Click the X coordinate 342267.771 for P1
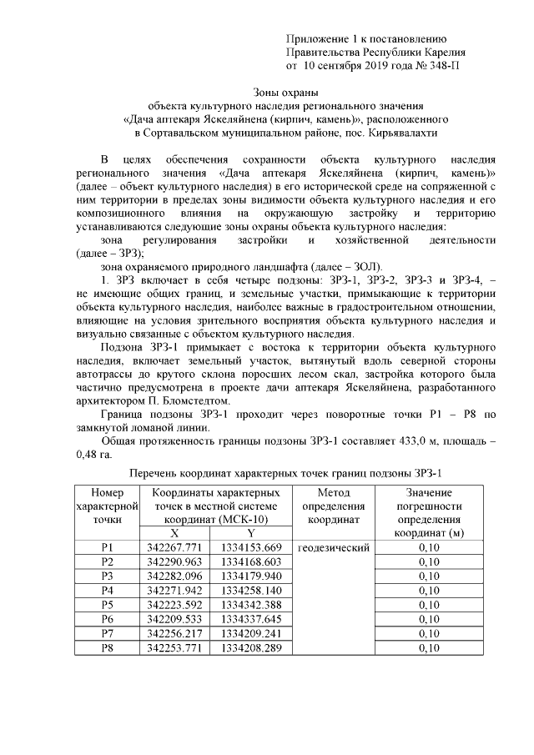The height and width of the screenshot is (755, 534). (x=174, y=547)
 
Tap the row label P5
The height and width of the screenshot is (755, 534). (x=106, y=604)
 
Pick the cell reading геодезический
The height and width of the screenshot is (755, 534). (x=333, y=547)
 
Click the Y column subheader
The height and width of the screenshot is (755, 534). (x=251, y=533)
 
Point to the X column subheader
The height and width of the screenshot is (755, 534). (x=174, y=533)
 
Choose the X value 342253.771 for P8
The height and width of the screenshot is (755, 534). (x=174, y=647)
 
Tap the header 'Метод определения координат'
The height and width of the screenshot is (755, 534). (x=333, y=506)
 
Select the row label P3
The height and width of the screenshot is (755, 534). (x=106, y=576)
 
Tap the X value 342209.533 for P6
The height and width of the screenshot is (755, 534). (x=174, y=619)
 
